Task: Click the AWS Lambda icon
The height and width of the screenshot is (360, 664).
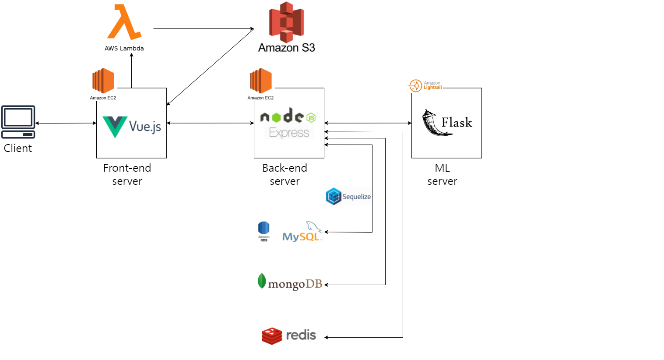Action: point(124,22)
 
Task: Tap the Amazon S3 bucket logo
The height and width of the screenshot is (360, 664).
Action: point(286,22)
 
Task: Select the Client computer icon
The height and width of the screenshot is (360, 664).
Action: point(18,122)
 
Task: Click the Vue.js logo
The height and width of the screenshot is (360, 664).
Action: point(132,127)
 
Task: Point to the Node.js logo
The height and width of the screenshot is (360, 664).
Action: point(288,116)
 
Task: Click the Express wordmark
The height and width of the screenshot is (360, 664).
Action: point(289,133)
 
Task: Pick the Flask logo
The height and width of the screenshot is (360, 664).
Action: point(447,123)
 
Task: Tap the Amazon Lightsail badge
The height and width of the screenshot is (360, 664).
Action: point(425,85)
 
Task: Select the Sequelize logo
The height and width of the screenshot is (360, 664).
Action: point(348,197)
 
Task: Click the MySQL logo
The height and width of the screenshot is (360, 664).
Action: point(302,232)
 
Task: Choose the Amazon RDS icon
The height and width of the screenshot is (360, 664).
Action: point(263,231)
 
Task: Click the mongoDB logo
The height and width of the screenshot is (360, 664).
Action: point(290,282)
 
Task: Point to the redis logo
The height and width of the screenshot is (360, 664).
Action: point(289,335)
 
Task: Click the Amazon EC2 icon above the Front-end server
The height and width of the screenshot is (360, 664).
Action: point(103,81)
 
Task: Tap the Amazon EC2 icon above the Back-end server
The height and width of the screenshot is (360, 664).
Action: point(261,81)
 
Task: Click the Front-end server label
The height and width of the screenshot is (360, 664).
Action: point(127,174)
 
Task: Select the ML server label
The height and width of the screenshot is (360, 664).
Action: point(442,174)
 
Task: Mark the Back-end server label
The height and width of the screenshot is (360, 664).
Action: point(285,174)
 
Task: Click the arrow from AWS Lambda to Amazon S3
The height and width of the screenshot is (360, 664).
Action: point(204,29)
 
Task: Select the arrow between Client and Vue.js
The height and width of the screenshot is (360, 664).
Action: point(66,123)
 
